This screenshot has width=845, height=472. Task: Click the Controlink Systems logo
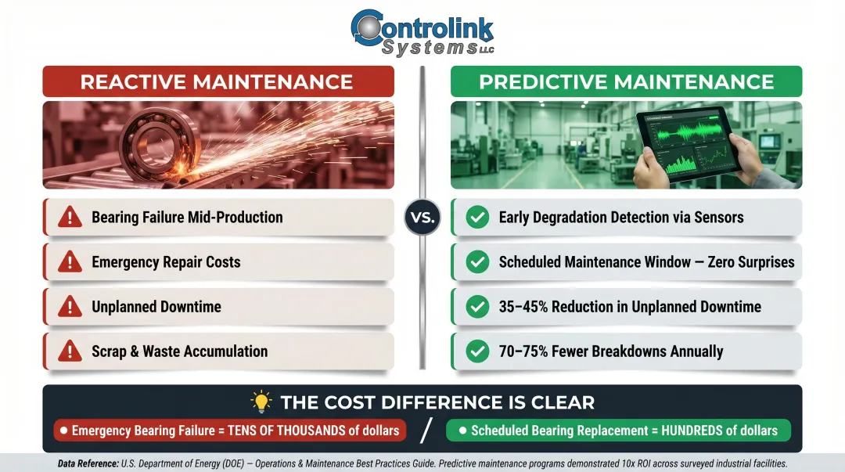tap(422, 33)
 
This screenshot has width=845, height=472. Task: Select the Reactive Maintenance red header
tap(217, 81)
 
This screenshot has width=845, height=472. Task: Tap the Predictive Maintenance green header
tap(627, 81)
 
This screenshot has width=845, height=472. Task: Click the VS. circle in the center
tap(422, 217)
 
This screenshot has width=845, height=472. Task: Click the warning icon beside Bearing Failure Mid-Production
tap(70, 218)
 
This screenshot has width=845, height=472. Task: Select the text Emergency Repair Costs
tap(166, 262)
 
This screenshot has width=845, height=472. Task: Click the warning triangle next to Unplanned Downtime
tap(70, 307)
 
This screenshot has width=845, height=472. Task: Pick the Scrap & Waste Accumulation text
tap(179, 351)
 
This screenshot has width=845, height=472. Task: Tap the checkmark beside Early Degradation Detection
tap(477, 218)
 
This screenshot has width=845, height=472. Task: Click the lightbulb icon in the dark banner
tap(261, 402)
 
